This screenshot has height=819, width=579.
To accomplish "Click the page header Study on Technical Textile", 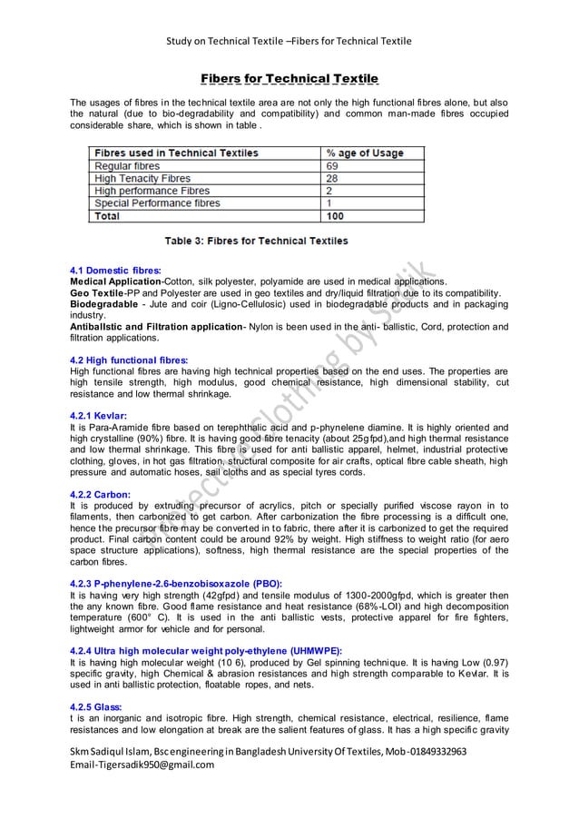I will [x=228, y=41].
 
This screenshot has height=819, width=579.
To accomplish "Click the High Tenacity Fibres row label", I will [x=142, y=179].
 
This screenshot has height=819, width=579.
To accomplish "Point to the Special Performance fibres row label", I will [x=157, y=204].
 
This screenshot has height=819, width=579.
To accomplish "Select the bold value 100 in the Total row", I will [x=336, y=217].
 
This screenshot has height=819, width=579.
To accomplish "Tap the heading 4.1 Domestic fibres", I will [x=115, y=271].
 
